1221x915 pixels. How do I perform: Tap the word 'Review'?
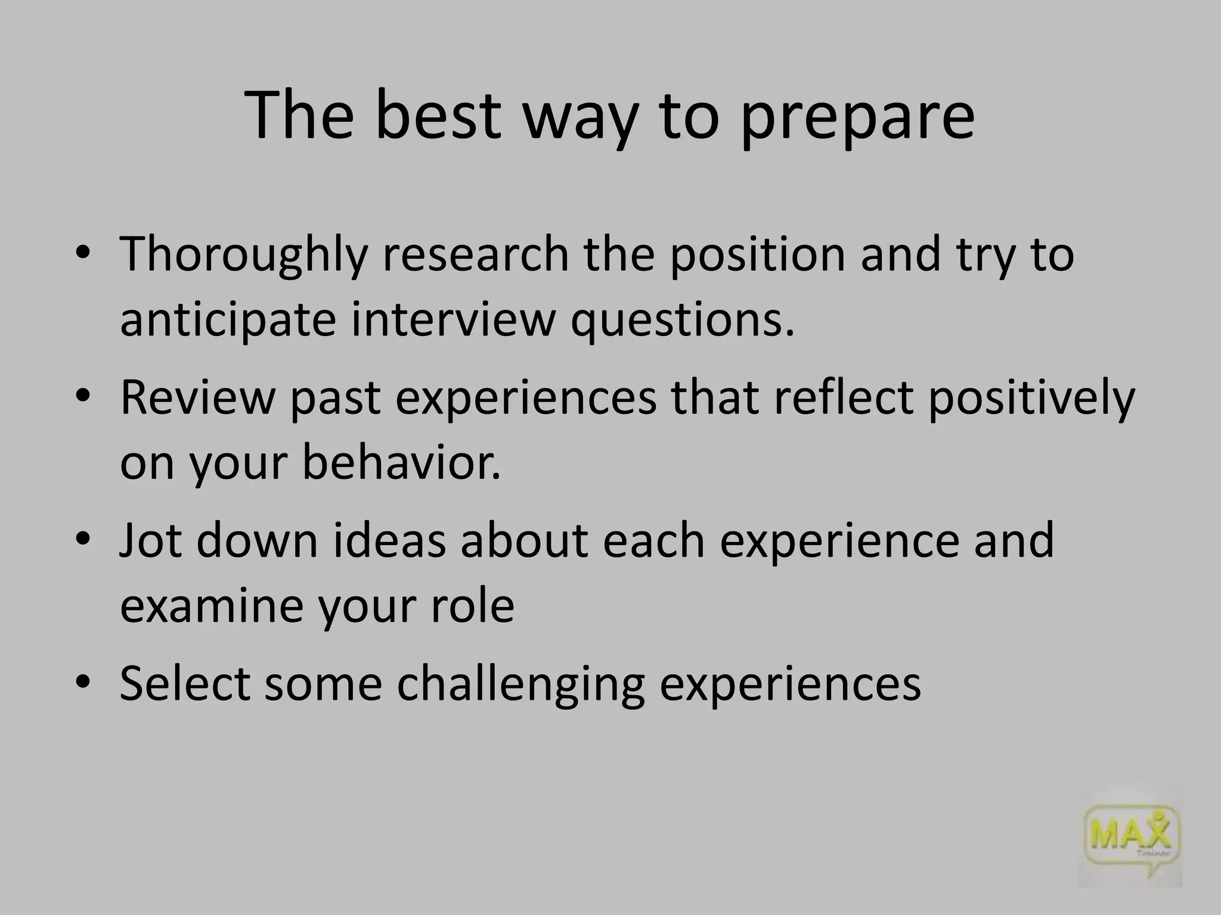[197, 398]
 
